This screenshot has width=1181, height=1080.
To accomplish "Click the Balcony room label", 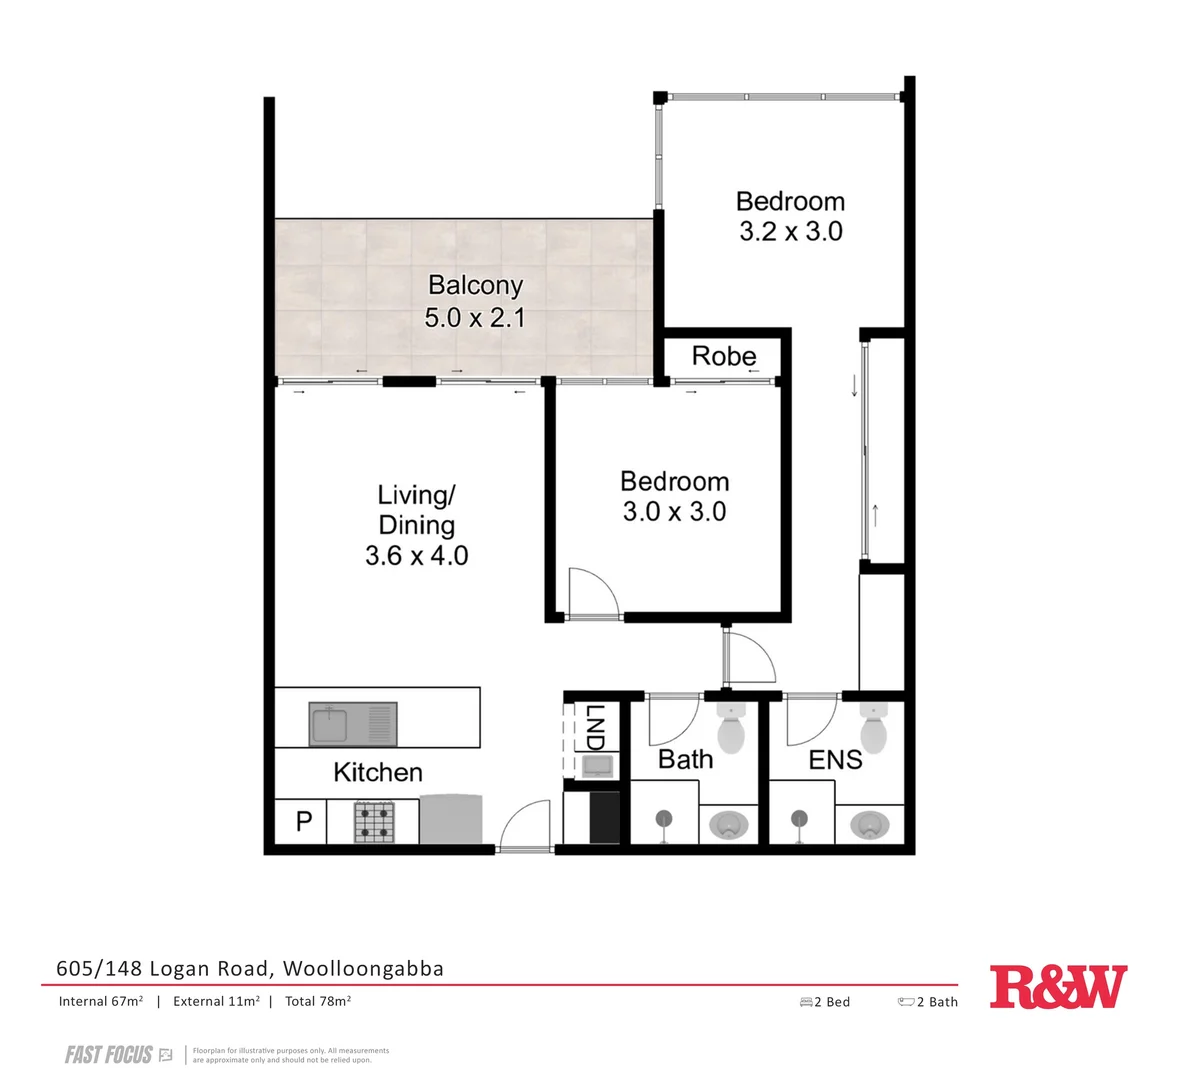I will pos(475,285).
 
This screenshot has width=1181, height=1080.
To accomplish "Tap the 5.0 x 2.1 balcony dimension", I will pos(475,318).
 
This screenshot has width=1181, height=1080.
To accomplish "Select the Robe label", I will pos(724,356).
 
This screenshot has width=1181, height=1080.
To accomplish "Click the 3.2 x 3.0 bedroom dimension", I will pos(790,232).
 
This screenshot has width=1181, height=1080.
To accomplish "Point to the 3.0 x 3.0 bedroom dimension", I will pos(674,512).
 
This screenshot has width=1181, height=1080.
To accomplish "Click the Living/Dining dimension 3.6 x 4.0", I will pos(416,555).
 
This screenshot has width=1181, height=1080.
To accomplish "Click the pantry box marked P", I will pos(304,822).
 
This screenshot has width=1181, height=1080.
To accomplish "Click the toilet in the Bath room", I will pos(731,730).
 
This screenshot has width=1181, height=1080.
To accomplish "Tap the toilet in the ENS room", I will pos(874,730).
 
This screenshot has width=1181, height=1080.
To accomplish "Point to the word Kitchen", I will pos(377,772).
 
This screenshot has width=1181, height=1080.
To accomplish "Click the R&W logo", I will pos(1058,988).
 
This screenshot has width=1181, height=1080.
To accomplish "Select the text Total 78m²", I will pos(317,1001).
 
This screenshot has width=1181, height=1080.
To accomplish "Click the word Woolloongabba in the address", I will pos(363,968).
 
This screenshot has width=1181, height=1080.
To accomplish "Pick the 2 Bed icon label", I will pos(825,1002).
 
